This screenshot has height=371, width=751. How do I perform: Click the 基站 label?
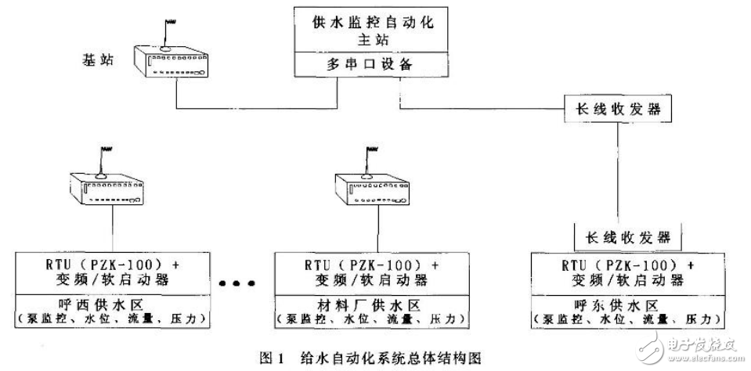pyautogui.click(x=97, y=59)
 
